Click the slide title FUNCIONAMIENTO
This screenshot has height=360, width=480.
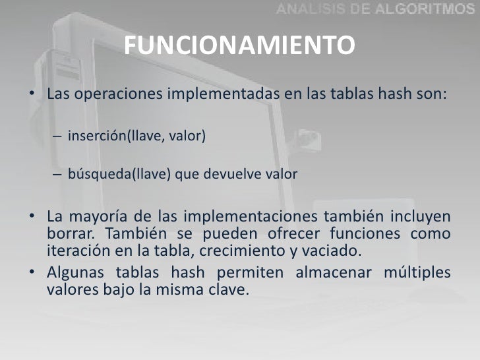tap(239, 46)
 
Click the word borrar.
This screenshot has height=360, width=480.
tap(71, 234)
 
